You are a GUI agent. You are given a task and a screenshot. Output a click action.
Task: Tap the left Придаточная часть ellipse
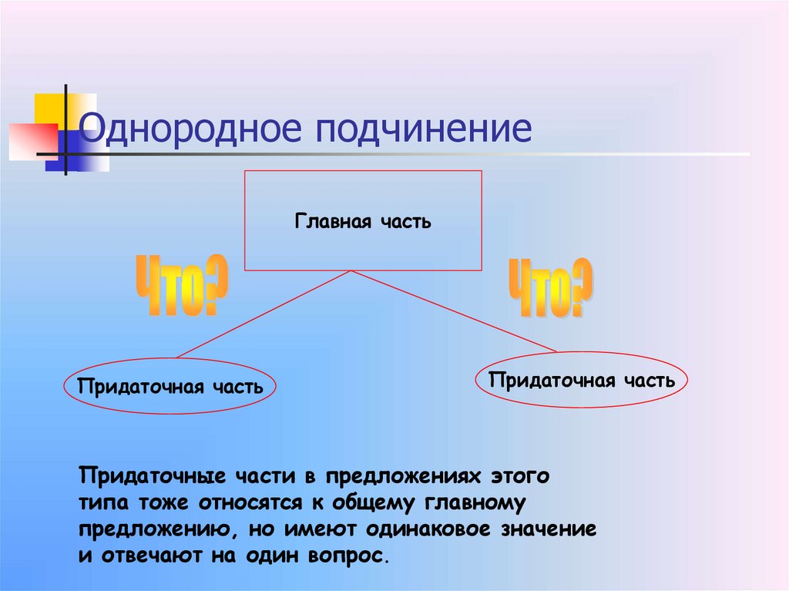tap(169, 386)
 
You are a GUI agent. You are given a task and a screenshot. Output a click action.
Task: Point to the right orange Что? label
tap(550, 288)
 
